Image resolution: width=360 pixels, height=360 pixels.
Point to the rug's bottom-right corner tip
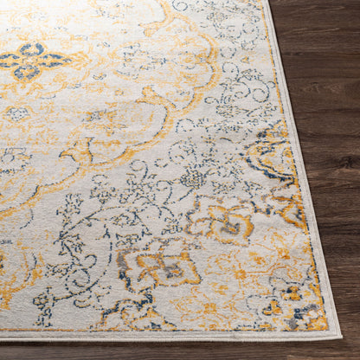(x=340, y=337)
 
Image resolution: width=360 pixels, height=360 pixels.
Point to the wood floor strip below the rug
(x=173, y=350)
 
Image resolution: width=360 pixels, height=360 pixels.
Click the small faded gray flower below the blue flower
(x=17, y=112)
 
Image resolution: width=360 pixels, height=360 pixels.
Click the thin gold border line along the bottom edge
(x=173, y=331)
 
